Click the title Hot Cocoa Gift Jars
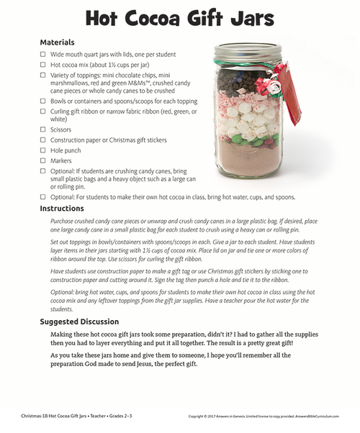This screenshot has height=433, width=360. (x=180, y=17)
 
